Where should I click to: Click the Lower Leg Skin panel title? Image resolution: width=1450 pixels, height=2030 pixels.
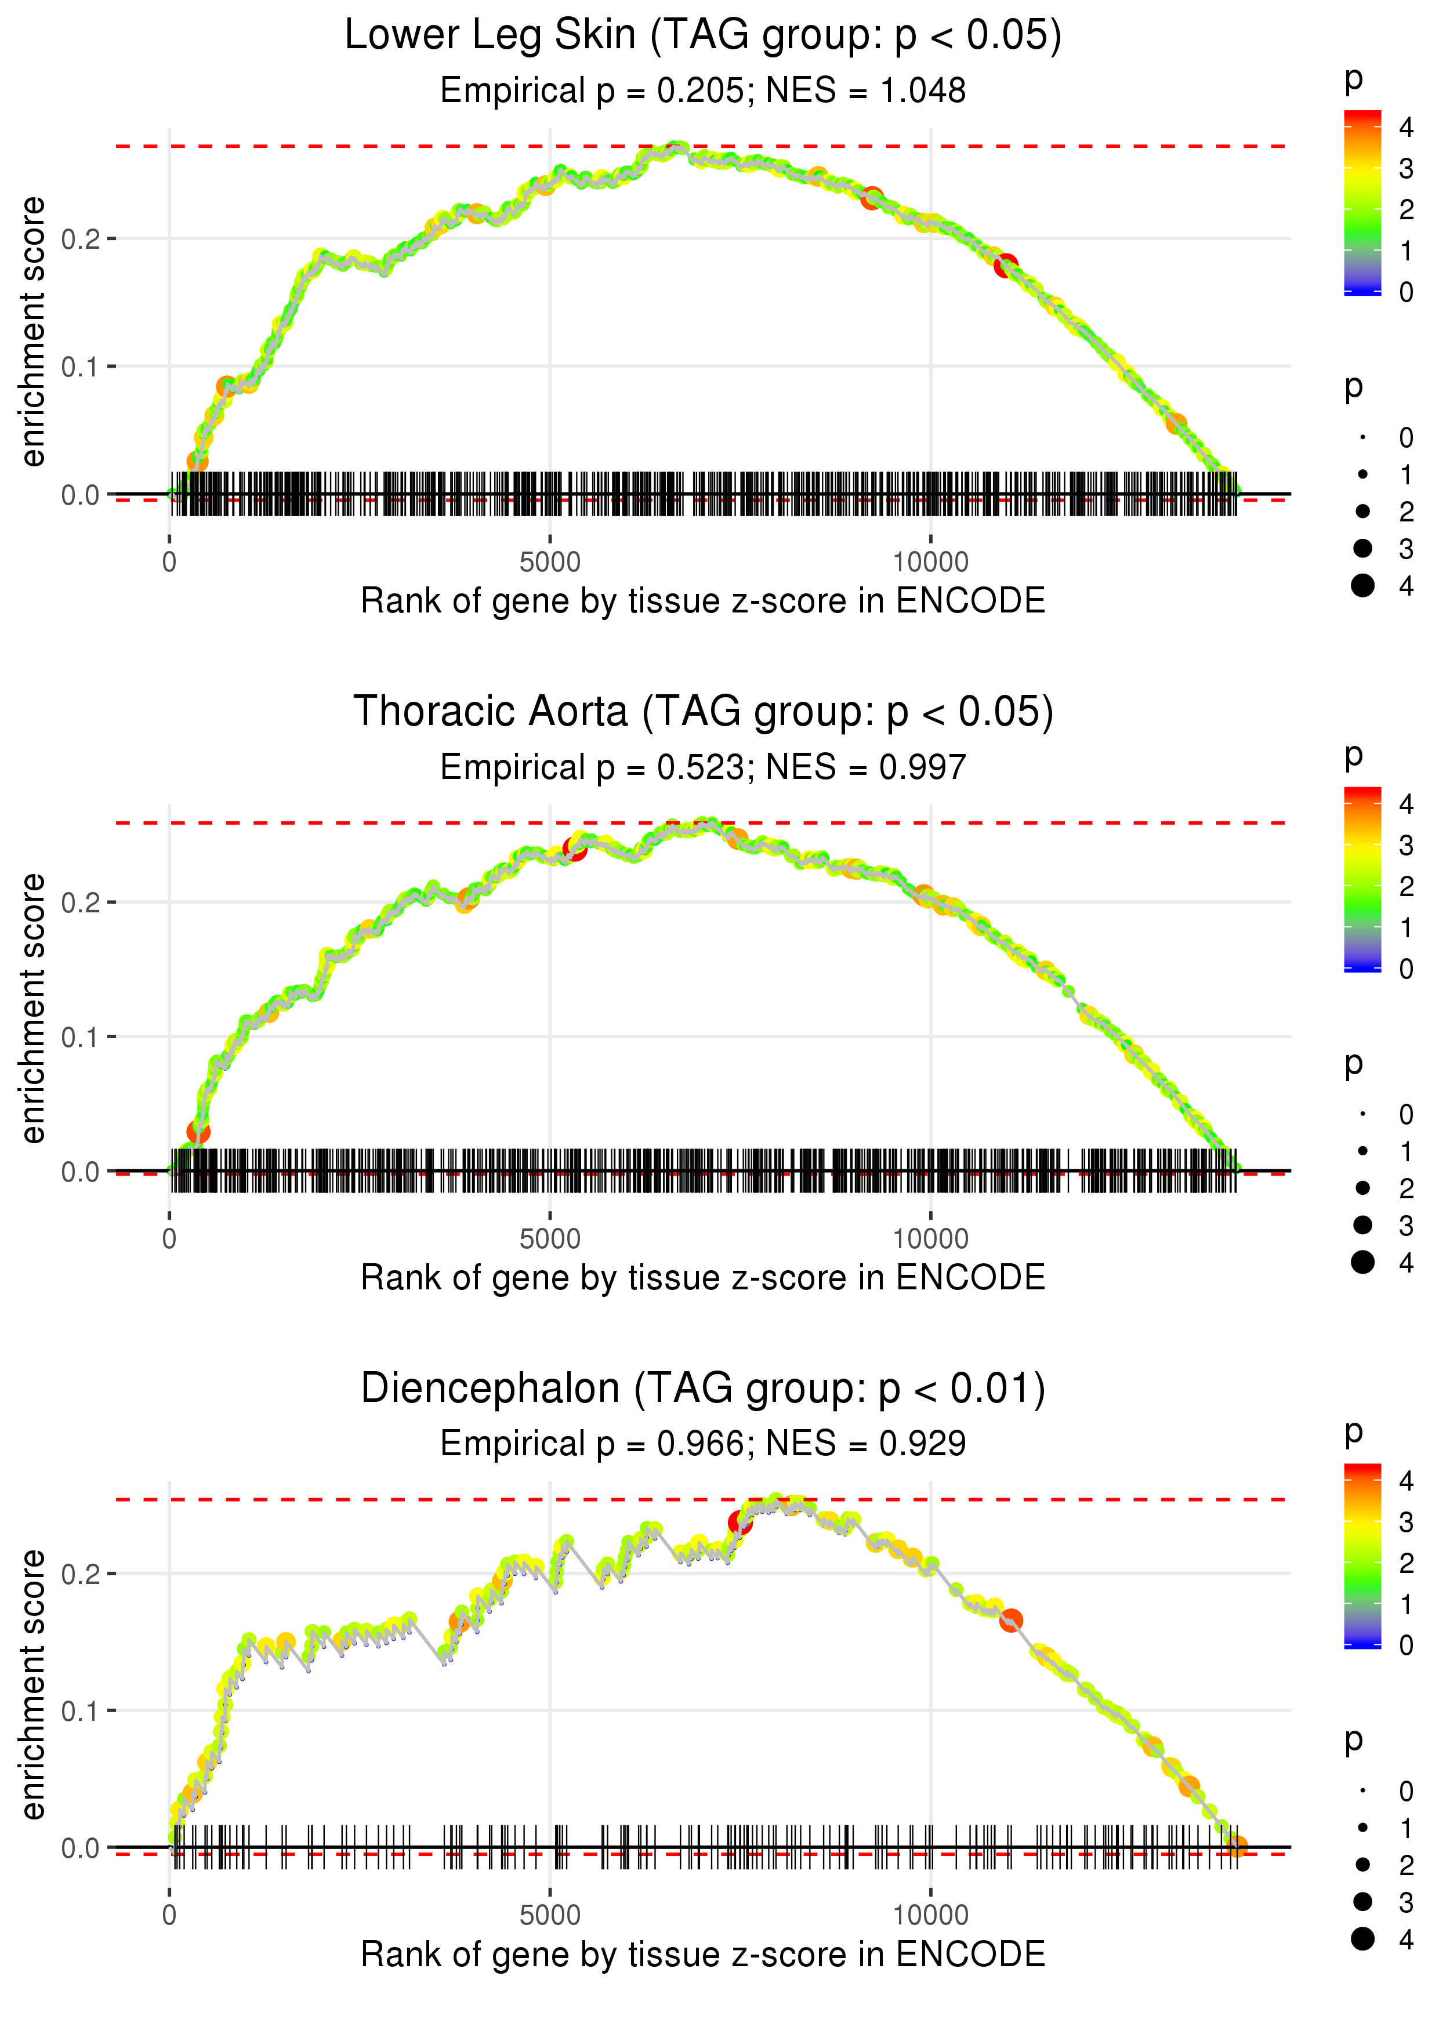click(x=703, y=36)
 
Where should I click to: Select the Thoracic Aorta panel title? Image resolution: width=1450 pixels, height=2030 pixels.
click(x=703, y=712)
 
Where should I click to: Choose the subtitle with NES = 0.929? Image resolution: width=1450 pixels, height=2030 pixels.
click(x=703, y=1444)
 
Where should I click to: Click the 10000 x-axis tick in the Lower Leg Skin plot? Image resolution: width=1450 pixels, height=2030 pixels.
click(x=930, y=563)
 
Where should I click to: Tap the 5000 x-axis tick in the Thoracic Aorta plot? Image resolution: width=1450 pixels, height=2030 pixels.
click(x=550, y=1239)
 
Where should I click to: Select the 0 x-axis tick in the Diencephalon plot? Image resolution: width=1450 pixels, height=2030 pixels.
click(x=169, y=1916)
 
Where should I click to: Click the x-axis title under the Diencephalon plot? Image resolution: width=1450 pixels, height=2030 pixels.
click(x=703, y=1955)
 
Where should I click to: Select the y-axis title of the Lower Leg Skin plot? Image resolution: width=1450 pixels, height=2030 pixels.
click(x=33, y=332)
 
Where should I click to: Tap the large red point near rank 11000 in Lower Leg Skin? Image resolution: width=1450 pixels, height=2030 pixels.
click(x=1006, y=265)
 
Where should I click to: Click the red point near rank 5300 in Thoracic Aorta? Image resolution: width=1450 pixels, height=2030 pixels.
click(x=575, y=849)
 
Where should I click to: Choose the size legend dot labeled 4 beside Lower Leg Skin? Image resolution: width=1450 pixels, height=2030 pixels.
click(x=1362, y=586)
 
